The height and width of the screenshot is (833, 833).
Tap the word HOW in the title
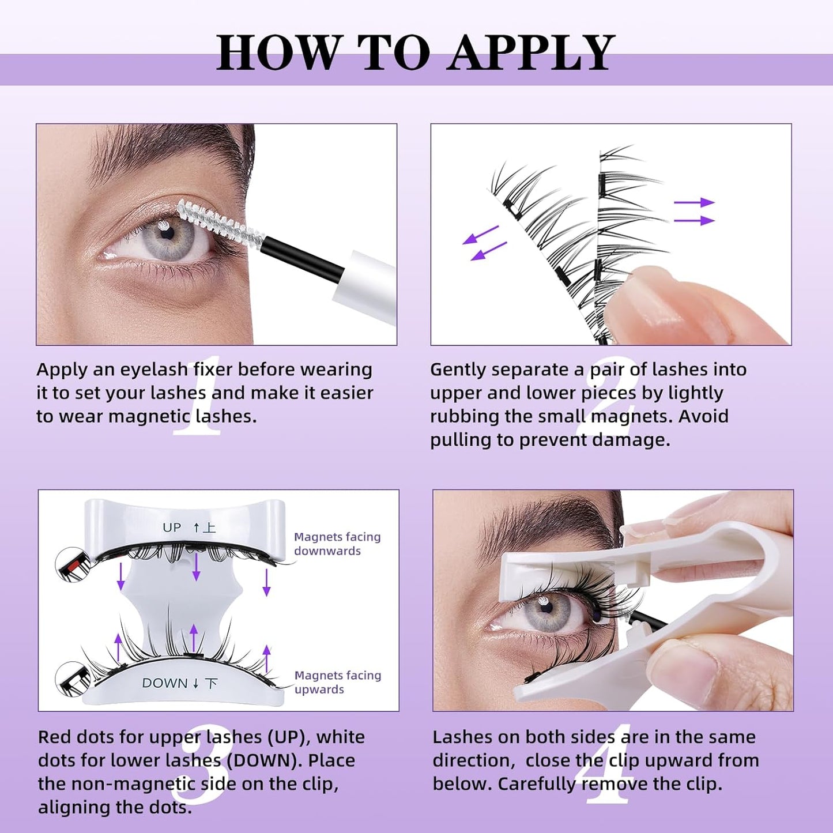[x=279, y=52]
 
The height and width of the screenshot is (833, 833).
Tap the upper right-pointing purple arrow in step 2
[x=694, y=202]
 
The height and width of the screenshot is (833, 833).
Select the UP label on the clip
[x=172, y=527]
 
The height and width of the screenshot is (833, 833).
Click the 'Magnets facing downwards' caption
[x=337, y=544]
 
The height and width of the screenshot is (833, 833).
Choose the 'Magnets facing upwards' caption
[x=337, y=682]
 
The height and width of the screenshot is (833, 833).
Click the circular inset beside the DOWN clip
[x=73, y=679]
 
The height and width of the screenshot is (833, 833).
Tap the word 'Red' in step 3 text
[x=55, y=737]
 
